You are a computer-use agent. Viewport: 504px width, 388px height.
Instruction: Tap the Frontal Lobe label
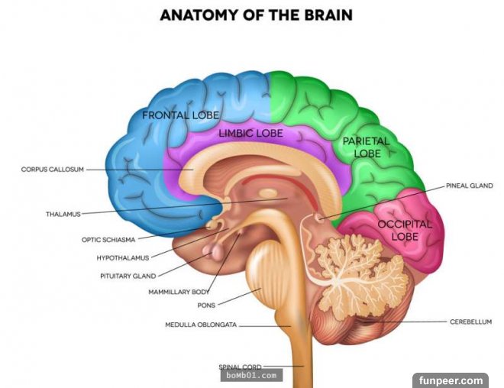(181, 115)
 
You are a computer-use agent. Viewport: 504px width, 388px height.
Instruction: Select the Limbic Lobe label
(250, 133)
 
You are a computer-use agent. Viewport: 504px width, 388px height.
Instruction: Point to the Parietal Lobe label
(366, 147)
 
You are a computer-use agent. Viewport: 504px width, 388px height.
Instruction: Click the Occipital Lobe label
(405, 230)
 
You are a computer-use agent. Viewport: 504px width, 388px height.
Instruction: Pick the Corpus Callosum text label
(52, 169)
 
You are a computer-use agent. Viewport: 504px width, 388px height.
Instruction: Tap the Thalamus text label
(63, 214)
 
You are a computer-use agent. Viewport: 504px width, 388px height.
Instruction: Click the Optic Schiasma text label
(109, 239)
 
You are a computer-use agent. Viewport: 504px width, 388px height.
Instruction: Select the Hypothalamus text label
(123, 257)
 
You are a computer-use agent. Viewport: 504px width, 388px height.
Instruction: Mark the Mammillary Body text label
(179, 292)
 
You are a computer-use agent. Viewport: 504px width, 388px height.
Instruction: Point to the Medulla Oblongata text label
(201, 325)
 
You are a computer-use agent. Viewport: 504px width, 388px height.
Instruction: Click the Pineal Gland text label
(470, 186)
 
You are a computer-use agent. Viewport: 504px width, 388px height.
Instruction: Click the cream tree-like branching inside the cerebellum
(351, 264)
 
